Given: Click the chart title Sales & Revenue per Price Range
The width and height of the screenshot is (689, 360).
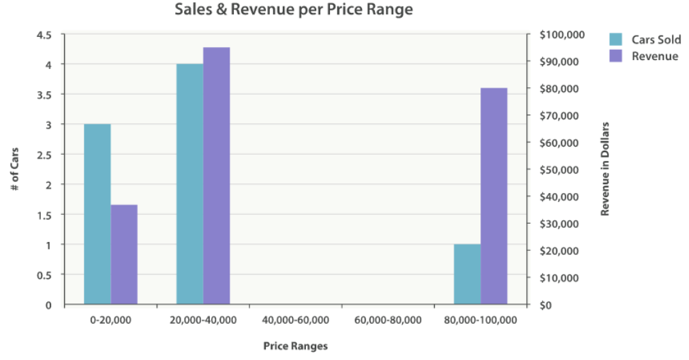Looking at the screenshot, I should tap(294, 10).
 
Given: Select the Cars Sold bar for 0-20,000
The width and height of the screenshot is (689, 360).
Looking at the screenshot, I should tap(97, 214).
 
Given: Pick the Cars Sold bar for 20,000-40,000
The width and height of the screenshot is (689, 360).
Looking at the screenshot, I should tap(189, 184).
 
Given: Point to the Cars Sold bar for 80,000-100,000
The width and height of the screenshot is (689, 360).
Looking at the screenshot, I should tap(467, 274).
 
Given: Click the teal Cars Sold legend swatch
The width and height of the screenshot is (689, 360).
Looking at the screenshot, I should tap(616, 40).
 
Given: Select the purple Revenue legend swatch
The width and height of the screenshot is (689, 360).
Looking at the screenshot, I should tap(616, 56).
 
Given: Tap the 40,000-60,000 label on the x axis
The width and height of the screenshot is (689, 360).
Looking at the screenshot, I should tap(295, 320).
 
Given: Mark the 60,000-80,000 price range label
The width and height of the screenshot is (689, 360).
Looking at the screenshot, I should tap(388, 320).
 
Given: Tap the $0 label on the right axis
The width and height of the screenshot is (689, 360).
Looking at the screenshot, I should tap(546, 305).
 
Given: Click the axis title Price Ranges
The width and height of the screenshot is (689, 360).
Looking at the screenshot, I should tap(295, 346).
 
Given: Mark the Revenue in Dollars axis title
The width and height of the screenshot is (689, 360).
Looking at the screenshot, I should tap(604, 169).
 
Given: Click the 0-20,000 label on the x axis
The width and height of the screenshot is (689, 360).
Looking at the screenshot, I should tap(110, 320).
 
